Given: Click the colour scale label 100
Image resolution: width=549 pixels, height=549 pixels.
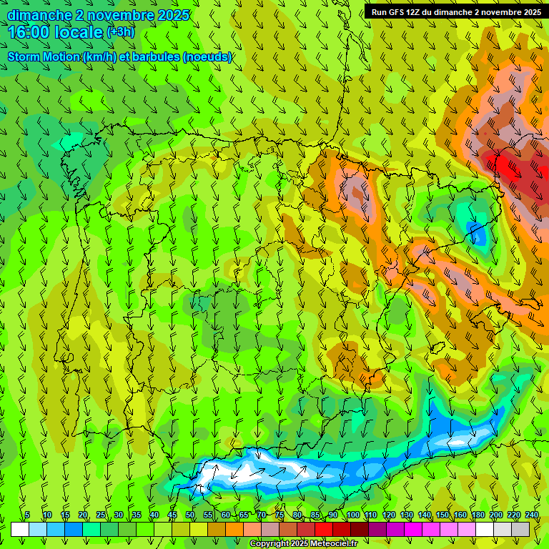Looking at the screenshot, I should (x=353, y=515).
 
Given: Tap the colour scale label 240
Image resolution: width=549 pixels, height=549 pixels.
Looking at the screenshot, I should (x=532, y=515).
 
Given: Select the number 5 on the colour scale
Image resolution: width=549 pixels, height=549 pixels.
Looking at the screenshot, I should (x=27, y=515).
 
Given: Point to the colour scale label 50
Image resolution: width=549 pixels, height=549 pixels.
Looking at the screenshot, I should (x=190, y=515).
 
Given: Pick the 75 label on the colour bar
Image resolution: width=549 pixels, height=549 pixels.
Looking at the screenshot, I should (x=280, y=515).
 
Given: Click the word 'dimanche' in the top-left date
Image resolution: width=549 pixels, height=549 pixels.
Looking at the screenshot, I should (x=39, y=15).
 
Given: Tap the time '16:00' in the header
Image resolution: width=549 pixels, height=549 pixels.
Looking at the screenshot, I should (x=28, y=32).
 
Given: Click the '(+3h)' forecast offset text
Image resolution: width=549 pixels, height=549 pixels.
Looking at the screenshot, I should (x=119, y=32).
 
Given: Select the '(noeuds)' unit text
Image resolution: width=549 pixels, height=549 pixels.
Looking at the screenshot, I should (x=207, y=56).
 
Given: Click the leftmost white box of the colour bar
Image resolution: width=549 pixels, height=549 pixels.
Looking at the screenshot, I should (x=20, y=529).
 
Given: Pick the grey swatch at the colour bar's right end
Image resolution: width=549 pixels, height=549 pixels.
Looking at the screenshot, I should (x=520, y=529).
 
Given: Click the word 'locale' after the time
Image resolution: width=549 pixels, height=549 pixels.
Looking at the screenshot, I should (x=78, y=32).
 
